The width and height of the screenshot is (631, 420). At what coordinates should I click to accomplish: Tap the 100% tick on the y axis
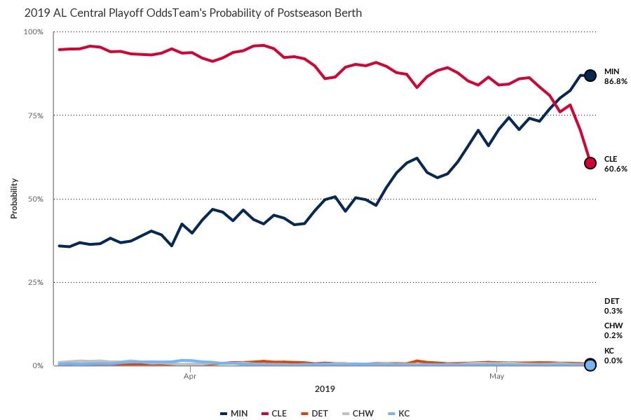(x=34, y=32)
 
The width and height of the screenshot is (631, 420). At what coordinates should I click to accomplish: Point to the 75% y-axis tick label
(x=35, y=115)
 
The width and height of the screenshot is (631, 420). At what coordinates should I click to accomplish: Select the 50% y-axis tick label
(x=35, y=199)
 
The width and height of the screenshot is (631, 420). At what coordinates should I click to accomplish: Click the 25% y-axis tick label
(x=35, y=282)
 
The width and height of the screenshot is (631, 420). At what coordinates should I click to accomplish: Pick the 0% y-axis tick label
(x=38, y=365)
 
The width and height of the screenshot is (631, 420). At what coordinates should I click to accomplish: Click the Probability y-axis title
(x=13, y=198)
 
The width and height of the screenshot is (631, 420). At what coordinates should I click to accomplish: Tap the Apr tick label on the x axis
(x=189, y=377)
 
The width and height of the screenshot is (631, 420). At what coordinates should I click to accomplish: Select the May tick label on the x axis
(x=496, y=377)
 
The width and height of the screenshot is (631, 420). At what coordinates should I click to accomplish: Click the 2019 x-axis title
(x=325, y=388)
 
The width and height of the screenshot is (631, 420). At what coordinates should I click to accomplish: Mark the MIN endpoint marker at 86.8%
(x=590, y=75)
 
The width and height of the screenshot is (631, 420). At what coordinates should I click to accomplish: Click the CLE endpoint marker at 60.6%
(x=590, y=163)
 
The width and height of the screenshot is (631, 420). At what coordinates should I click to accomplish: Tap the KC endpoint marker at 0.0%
(x=590, y=365)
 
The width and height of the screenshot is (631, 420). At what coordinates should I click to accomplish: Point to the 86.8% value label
(x=615, y=81)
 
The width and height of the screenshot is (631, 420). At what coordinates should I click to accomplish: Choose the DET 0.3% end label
(x=613, y=305)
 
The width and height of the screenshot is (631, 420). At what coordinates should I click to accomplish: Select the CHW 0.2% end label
(x=613, y=330)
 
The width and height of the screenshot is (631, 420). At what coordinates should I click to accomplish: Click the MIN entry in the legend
(x=234, y=413)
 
